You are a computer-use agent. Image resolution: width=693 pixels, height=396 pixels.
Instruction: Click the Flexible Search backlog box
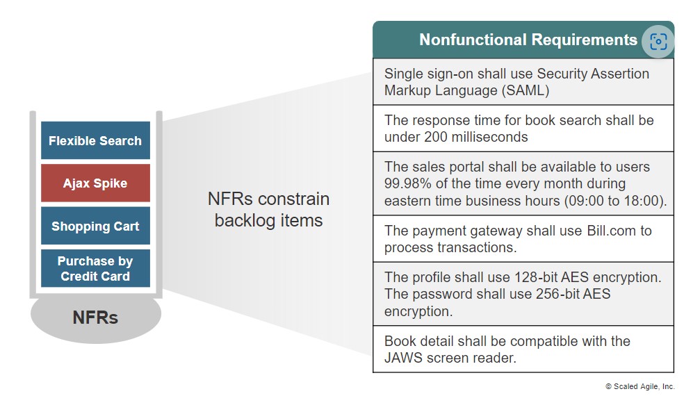click(x=95, y=140)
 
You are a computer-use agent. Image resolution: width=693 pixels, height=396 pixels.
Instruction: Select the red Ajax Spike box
click(x=95, y=183)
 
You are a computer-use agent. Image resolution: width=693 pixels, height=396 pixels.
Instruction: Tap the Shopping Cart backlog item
click(x=95, y=226)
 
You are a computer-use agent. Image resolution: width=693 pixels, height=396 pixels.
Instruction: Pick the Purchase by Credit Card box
click(x=95, y=268)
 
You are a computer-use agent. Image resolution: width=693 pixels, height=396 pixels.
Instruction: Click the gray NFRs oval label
click(x=95, y=317)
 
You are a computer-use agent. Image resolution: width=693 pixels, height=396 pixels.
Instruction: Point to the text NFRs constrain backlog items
click(x=269, y=210)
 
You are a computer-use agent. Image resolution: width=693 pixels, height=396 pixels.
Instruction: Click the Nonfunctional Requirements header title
click(x=528, y=40)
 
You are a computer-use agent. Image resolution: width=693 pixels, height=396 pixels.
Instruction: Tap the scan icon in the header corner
click(x=658, y=42)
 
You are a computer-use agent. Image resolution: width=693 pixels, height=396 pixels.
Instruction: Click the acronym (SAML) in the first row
click(x=525, y=90)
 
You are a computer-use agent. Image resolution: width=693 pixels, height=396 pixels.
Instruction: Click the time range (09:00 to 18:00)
click(x=615, y=201)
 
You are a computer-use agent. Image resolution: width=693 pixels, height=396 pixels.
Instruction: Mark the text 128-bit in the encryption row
click(x=536, y=277)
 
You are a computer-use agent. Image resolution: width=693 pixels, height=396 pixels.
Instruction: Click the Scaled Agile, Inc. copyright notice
click(x=640, y=386)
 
